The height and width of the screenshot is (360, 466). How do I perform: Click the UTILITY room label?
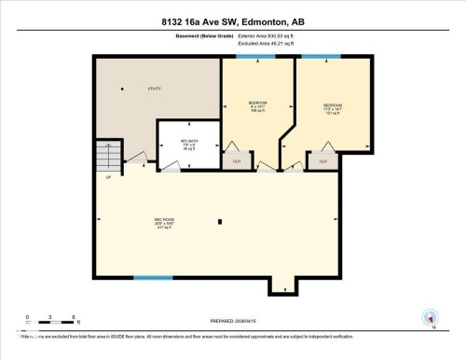(155, 89)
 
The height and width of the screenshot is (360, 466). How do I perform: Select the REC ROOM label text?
(164, 223)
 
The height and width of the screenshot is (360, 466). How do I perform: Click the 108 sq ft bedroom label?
(257, 105)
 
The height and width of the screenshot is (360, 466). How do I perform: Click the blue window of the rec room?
(153, 277)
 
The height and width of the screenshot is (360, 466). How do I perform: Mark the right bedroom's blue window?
(313, 57)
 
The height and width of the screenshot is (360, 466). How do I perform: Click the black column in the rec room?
(219, 222)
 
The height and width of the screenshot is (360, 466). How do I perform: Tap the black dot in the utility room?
(122, 88)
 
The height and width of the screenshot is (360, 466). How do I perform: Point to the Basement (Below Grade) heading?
(171, 37)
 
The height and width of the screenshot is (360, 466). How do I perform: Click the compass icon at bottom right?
(430, 318)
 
